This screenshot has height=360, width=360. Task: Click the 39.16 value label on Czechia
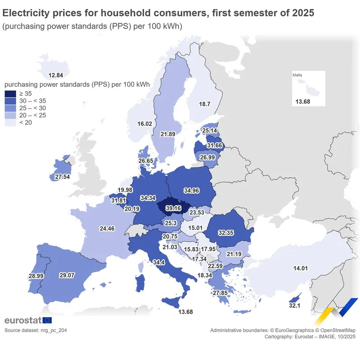[173, 208]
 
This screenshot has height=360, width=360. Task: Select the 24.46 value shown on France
[107, 229]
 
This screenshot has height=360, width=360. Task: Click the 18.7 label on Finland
[205, 104]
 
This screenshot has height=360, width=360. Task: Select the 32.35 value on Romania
[226, 234]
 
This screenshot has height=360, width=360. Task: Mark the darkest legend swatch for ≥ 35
[10, 94]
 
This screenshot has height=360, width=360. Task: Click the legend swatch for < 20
[10, 122]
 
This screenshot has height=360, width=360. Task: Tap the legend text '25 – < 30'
[32, 108]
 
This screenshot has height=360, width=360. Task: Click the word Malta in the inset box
[297, 75]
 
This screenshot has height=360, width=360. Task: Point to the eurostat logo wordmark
[22, 320]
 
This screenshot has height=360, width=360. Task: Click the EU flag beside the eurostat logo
[47, 320]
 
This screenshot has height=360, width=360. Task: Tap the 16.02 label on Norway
[145, 124]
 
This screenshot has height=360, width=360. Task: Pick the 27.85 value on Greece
[220, 293]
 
